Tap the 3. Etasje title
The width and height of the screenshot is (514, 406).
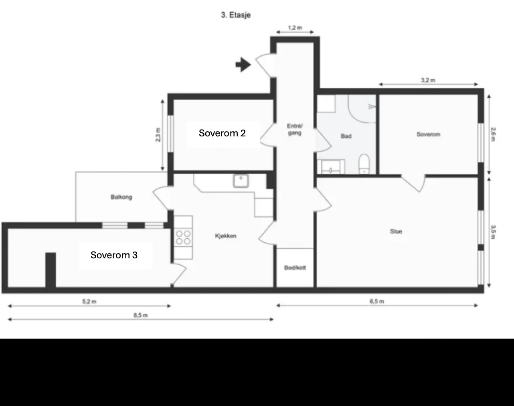click(x=236, y=15)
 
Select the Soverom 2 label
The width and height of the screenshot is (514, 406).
click(x=222, y=133)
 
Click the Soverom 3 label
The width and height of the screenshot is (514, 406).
click(x=114, y=255)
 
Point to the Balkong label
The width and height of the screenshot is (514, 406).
click(x=121, y=197)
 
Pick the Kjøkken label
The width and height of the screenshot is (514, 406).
click(x=226, y=236)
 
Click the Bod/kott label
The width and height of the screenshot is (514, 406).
click(x=295, y=268)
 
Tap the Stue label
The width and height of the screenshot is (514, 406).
click(x=396, y=231)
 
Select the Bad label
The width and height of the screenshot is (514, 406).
click(x=346, y=136)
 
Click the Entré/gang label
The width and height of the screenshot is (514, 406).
click(x=295, y=129)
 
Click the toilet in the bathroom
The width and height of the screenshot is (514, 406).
click(x=364, y=164)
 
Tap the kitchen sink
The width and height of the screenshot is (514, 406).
click(x=241, y=181)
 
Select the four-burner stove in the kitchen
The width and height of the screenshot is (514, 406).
click(x=183, y=237)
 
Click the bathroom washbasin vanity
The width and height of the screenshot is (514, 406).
click(x=331, y=166)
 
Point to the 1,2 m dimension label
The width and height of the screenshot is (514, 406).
click(x=295, y=28)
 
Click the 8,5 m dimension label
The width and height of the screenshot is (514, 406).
click(x=140, y=315)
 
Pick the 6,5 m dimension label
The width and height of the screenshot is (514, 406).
click(x=377, y=301)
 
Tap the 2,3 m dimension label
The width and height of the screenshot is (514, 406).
click(x=158, y=135)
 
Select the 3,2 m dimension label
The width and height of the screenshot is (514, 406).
click(x=428, y=80)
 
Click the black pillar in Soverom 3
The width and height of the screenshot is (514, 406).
click(x=51, y=270)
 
